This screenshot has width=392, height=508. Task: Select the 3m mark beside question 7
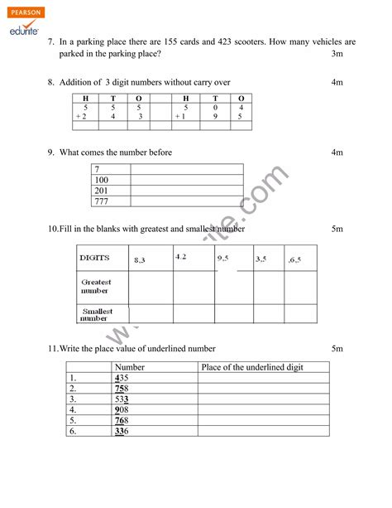[x=337, y=54]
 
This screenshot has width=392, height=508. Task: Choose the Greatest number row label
[x=97, y=287]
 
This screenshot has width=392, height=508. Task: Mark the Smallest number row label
[x=97, y=314]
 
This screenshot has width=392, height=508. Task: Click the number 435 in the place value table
[x=122, y=377]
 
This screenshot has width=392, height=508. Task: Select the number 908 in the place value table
[x=122, y=409]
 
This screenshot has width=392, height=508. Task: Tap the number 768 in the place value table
[x=122, y=420]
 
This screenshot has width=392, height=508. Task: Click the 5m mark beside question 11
[x=337, y=348]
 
